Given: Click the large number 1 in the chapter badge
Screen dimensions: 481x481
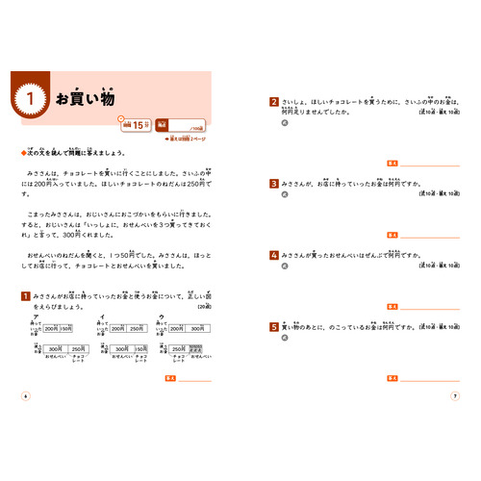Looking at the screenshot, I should click(31, 98).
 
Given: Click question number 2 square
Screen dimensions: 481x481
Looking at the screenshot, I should click(274, 101).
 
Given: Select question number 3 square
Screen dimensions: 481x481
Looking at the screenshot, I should click(274, 183).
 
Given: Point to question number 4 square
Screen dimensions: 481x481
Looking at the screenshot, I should click(274, 256).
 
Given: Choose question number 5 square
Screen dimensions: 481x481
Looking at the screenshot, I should click(274, 328).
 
